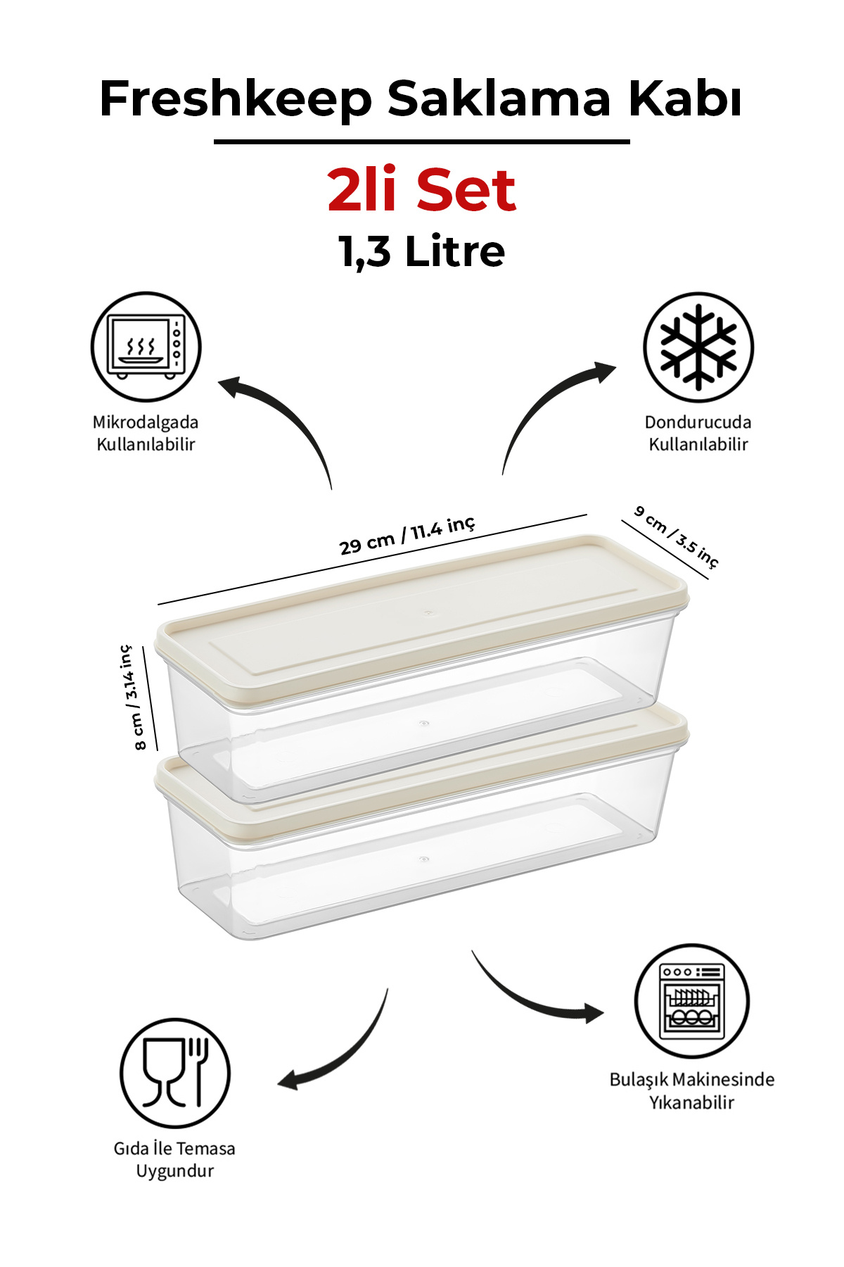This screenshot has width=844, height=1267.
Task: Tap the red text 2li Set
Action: tap(421, 190)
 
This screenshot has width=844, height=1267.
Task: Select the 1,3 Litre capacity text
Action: tap(421, 251)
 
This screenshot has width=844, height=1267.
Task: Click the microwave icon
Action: tap(146, 347)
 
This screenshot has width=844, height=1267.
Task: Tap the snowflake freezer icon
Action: tap(698, 347)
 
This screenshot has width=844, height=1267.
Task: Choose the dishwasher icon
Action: tap(692, 1001)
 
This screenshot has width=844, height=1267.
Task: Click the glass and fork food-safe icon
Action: tap(174, 1073)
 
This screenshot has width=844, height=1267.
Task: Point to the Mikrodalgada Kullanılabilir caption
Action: tap(146, 433)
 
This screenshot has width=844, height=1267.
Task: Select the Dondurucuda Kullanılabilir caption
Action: tap(698, 433)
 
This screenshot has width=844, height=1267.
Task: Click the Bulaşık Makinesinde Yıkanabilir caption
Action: tap(692, 1090)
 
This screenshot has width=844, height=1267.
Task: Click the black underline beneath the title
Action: tap(421, 141)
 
